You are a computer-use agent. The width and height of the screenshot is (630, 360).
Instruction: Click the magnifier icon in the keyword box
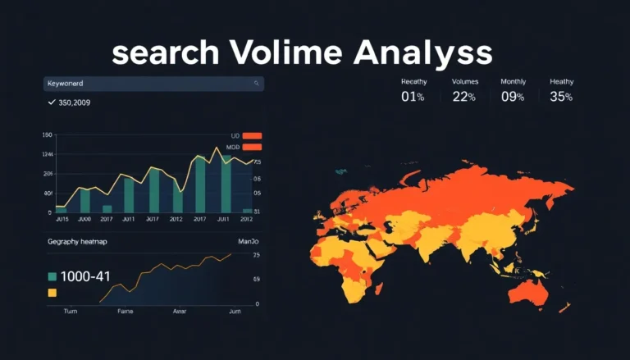pos(257,84)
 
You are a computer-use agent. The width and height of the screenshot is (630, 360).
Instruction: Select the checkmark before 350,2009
pos(52,103)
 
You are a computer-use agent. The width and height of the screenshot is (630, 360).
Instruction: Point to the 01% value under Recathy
pos(413,97)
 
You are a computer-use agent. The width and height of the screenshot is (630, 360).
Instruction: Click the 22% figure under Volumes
pos(464,97)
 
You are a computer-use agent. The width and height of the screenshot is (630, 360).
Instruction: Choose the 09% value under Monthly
pos(513,97)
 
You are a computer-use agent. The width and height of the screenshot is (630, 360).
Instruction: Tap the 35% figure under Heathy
pos(561,97)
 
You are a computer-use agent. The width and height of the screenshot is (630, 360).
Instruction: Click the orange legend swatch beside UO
pos(251,136)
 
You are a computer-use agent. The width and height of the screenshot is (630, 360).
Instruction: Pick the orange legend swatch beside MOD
pos(251,148)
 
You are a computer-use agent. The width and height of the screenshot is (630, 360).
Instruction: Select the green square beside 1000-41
pos(52,276)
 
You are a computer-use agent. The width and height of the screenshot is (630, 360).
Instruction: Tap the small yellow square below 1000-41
pos(52,292)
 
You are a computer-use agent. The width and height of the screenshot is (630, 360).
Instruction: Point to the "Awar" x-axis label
pos(180,312)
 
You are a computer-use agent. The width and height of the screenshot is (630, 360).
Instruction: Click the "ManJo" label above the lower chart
pos(248,242)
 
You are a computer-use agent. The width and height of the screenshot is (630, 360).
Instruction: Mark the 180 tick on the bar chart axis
pos(47,134)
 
